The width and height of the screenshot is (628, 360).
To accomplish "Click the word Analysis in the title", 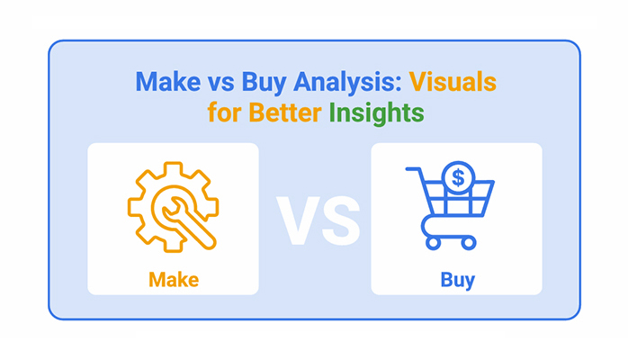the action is pyautogui.click(x=346, y=83).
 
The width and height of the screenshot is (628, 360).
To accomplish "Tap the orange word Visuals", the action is pyautogui.click(x=453, y=82).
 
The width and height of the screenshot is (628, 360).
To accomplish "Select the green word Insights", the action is pyautogui.click(x=376, y=113).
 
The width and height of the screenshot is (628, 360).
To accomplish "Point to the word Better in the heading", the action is pyautogui.click(x=285, y=112).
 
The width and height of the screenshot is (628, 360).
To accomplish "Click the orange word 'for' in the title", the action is pyautogui.click(x=224, y=112).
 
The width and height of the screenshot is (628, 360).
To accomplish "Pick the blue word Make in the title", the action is pyautogui.click(x=168, y=82).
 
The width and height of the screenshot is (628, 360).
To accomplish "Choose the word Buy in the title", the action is pyautogui.click(x=263, y=83).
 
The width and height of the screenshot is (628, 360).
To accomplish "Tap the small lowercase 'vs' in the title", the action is pyautogui.click(x=220, y=85).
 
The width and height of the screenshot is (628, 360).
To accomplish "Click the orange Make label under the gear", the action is pyautogui.click(x=174, y=280).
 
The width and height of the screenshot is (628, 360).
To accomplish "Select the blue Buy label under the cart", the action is pyautogui.click(x=457, y=280).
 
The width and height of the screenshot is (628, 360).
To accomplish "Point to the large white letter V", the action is pyautogui.click(x=298, y=220).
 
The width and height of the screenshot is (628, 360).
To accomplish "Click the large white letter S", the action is pyautogui.click(x=341, y=220).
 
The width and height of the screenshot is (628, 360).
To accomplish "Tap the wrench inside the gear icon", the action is pyautogui.click(x=187, y=222).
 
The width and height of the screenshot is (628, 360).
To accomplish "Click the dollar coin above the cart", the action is pyautogui.click(x=458, y=178).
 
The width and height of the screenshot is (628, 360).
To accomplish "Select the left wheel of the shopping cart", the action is pyautogui.click(x=433, y=243).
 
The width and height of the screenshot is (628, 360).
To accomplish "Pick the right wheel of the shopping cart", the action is pyautogui.click(x=468, y=243).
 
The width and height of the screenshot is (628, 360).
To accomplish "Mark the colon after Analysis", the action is pyautogui.click(x=399, y=85).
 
